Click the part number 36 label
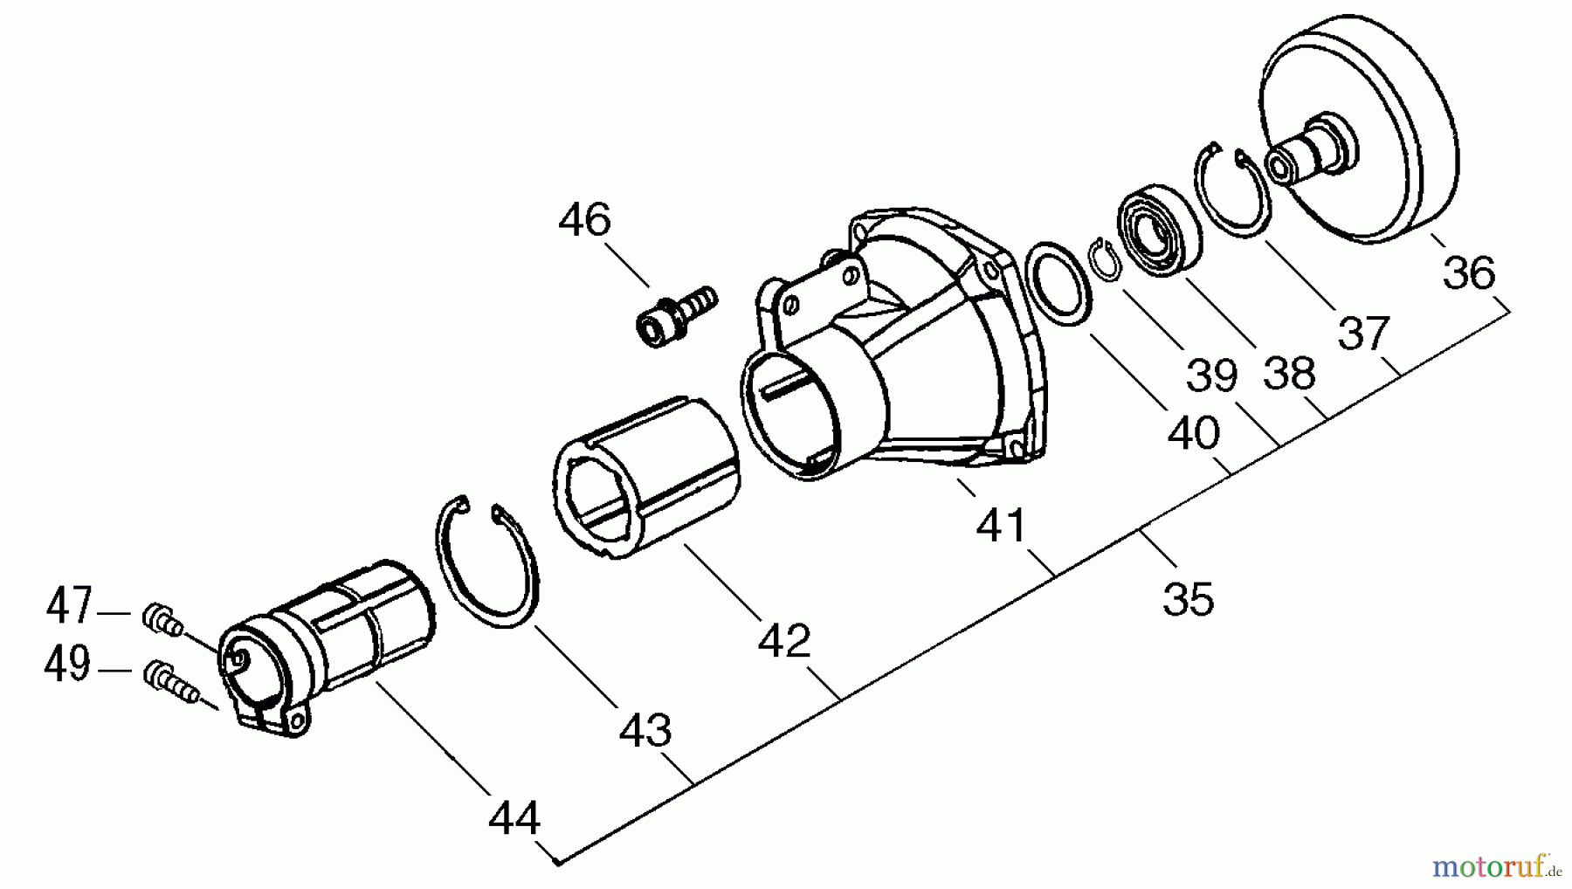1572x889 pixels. pyautogui.click(x=1469, y=272)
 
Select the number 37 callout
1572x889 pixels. pyautogui.click(x=1363, y=334)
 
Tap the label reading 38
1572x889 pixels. pyautogui.click(x=1289, y=374)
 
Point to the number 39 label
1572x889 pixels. pyautogui.click(x=1212, y=376)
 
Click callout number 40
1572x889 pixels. pyautogui.click(x=1193, y=433)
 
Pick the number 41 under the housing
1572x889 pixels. pyautogui.click(x=1002, y=525)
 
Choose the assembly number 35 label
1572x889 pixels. pyautogui.click(x=1189, y=600)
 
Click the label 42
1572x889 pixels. pyautogui.click(x=783, y=642)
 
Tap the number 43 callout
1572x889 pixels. pyautogui.click(x=645, y=730)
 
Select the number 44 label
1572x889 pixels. pyautogui.click(x=514, y=819)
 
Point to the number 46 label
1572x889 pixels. pyautogui.click(x=584, y=220)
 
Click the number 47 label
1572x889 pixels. pyautogui.click(x=69, y=606)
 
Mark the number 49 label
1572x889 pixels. pyautogui.click(x=67, y=665)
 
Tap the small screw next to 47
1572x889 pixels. pyautogui.click(x=162, y=619)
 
